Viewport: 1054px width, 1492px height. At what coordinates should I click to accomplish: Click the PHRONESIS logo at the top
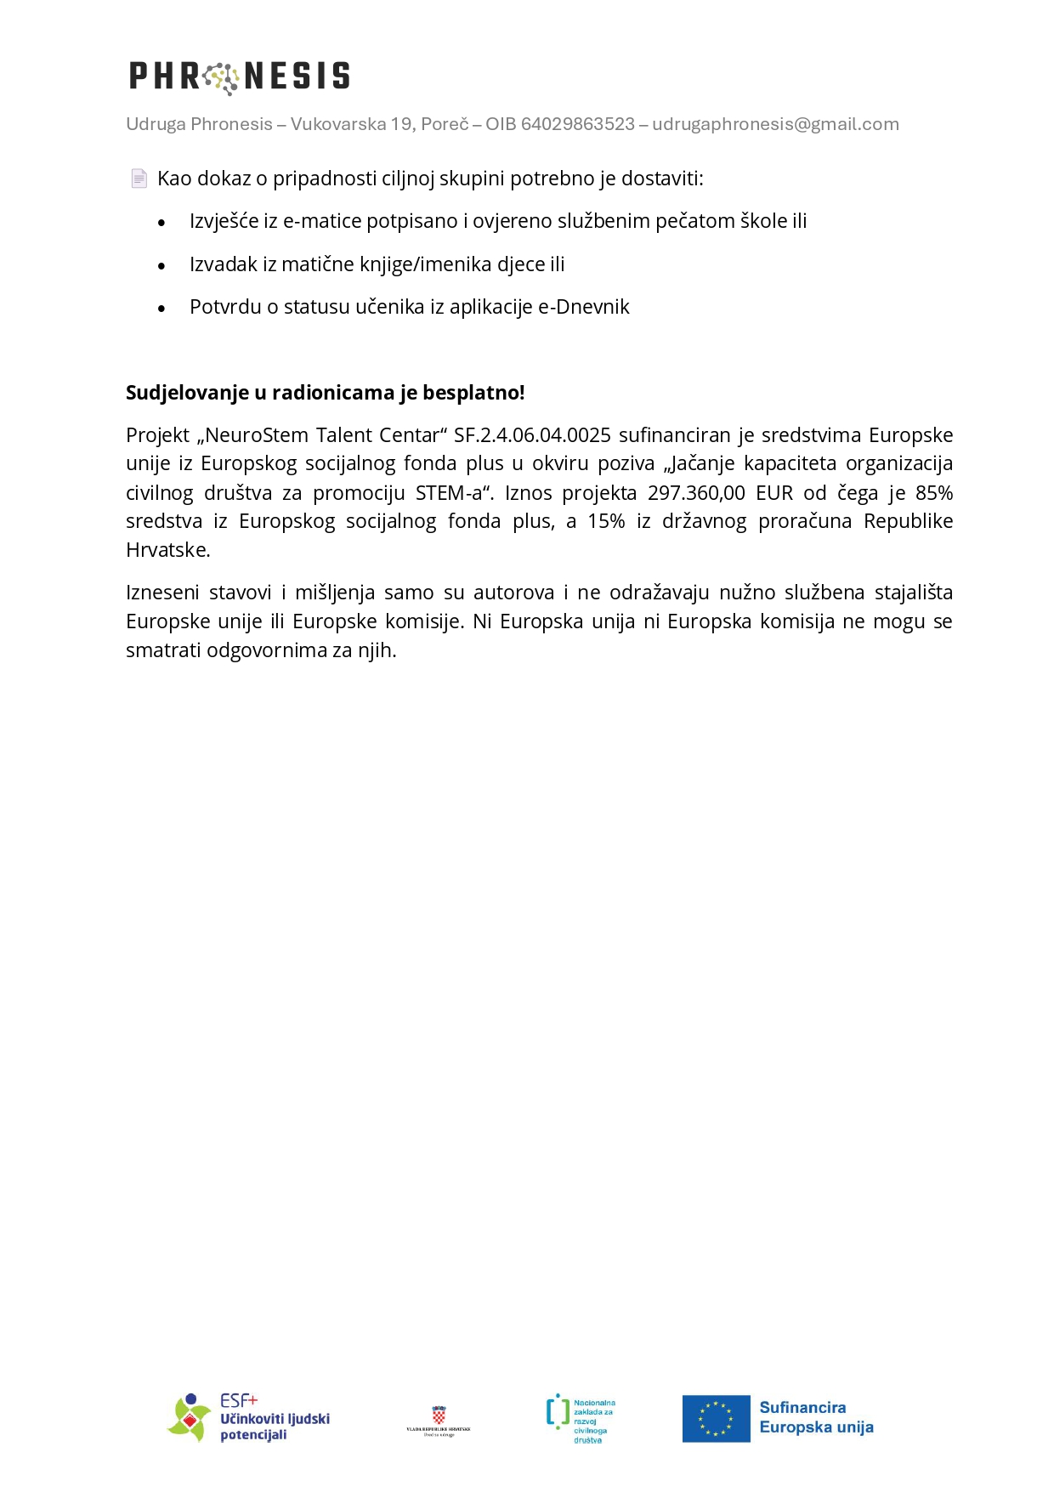point(239,77)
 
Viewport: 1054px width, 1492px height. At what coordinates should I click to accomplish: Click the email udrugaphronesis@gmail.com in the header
point(775,124)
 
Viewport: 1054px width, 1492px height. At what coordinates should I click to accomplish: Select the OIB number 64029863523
point(578,124)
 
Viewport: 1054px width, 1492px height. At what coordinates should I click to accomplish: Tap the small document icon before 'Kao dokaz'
point(139,179)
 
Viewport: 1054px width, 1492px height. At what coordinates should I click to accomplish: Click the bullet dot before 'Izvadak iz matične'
point(161,266)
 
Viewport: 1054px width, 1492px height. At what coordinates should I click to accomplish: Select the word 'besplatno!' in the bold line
point(485,393)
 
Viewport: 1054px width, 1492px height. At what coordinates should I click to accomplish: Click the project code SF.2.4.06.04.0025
point(532,435)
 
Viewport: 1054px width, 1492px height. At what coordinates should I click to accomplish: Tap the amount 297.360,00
point(696,493)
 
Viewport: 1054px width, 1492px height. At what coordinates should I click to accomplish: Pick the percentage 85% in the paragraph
point(934,493)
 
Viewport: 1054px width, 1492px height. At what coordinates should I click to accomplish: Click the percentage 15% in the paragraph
point(606,521)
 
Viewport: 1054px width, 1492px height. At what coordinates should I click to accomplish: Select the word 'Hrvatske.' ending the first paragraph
point(168,550)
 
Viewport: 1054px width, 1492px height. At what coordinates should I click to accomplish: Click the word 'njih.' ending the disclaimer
point(376,650)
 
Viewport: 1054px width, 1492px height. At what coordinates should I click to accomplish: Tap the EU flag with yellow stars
point(716,1418)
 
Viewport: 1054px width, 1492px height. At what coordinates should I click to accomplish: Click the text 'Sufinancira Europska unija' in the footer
point(816,1417)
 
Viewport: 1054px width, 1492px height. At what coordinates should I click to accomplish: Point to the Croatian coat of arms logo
point(439,1416)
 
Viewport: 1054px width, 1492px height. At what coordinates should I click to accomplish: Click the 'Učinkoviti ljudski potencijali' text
point(275,1426)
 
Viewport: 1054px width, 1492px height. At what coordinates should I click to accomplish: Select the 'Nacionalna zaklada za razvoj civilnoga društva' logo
point(581,1419)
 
